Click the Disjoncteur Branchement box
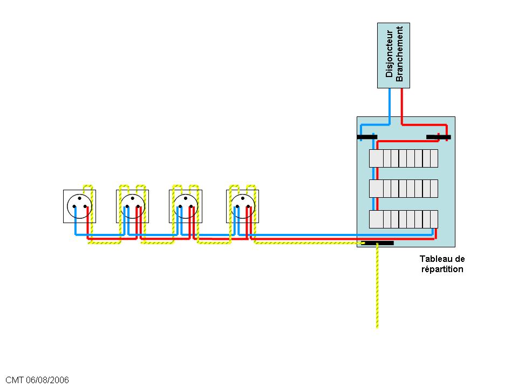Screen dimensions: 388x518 pos(393,56)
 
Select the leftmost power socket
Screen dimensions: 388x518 pos(79,206)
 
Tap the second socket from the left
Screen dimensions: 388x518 pos(132,206)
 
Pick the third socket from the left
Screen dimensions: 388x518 pos(186,206)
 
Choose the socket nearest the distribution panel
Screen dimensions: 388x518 pos(242,206)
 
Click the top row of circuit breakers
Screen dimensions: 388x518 pos(403,158)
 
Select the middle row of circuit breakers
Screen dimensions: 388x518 pos(403,189)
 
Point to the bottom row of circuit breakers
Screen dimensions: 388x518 pos(403,219)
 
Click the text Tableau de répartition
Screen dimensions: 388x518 pos(442,264)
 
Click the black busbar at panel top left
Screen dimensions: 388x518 pos(367,137)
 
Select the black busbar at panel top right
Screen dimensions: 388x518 pos(438,137)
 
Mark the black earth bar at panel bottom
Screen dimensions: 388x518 pos(377,243)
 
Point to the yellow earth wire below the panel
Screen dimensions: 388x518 pos(377,291)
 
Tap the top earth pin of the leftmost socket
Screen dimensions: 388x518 pos(79,198)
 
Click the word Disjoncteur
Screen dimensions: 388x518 pos(389,56)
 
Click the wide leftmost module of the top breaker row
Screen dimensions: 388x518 pos(376,158)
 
